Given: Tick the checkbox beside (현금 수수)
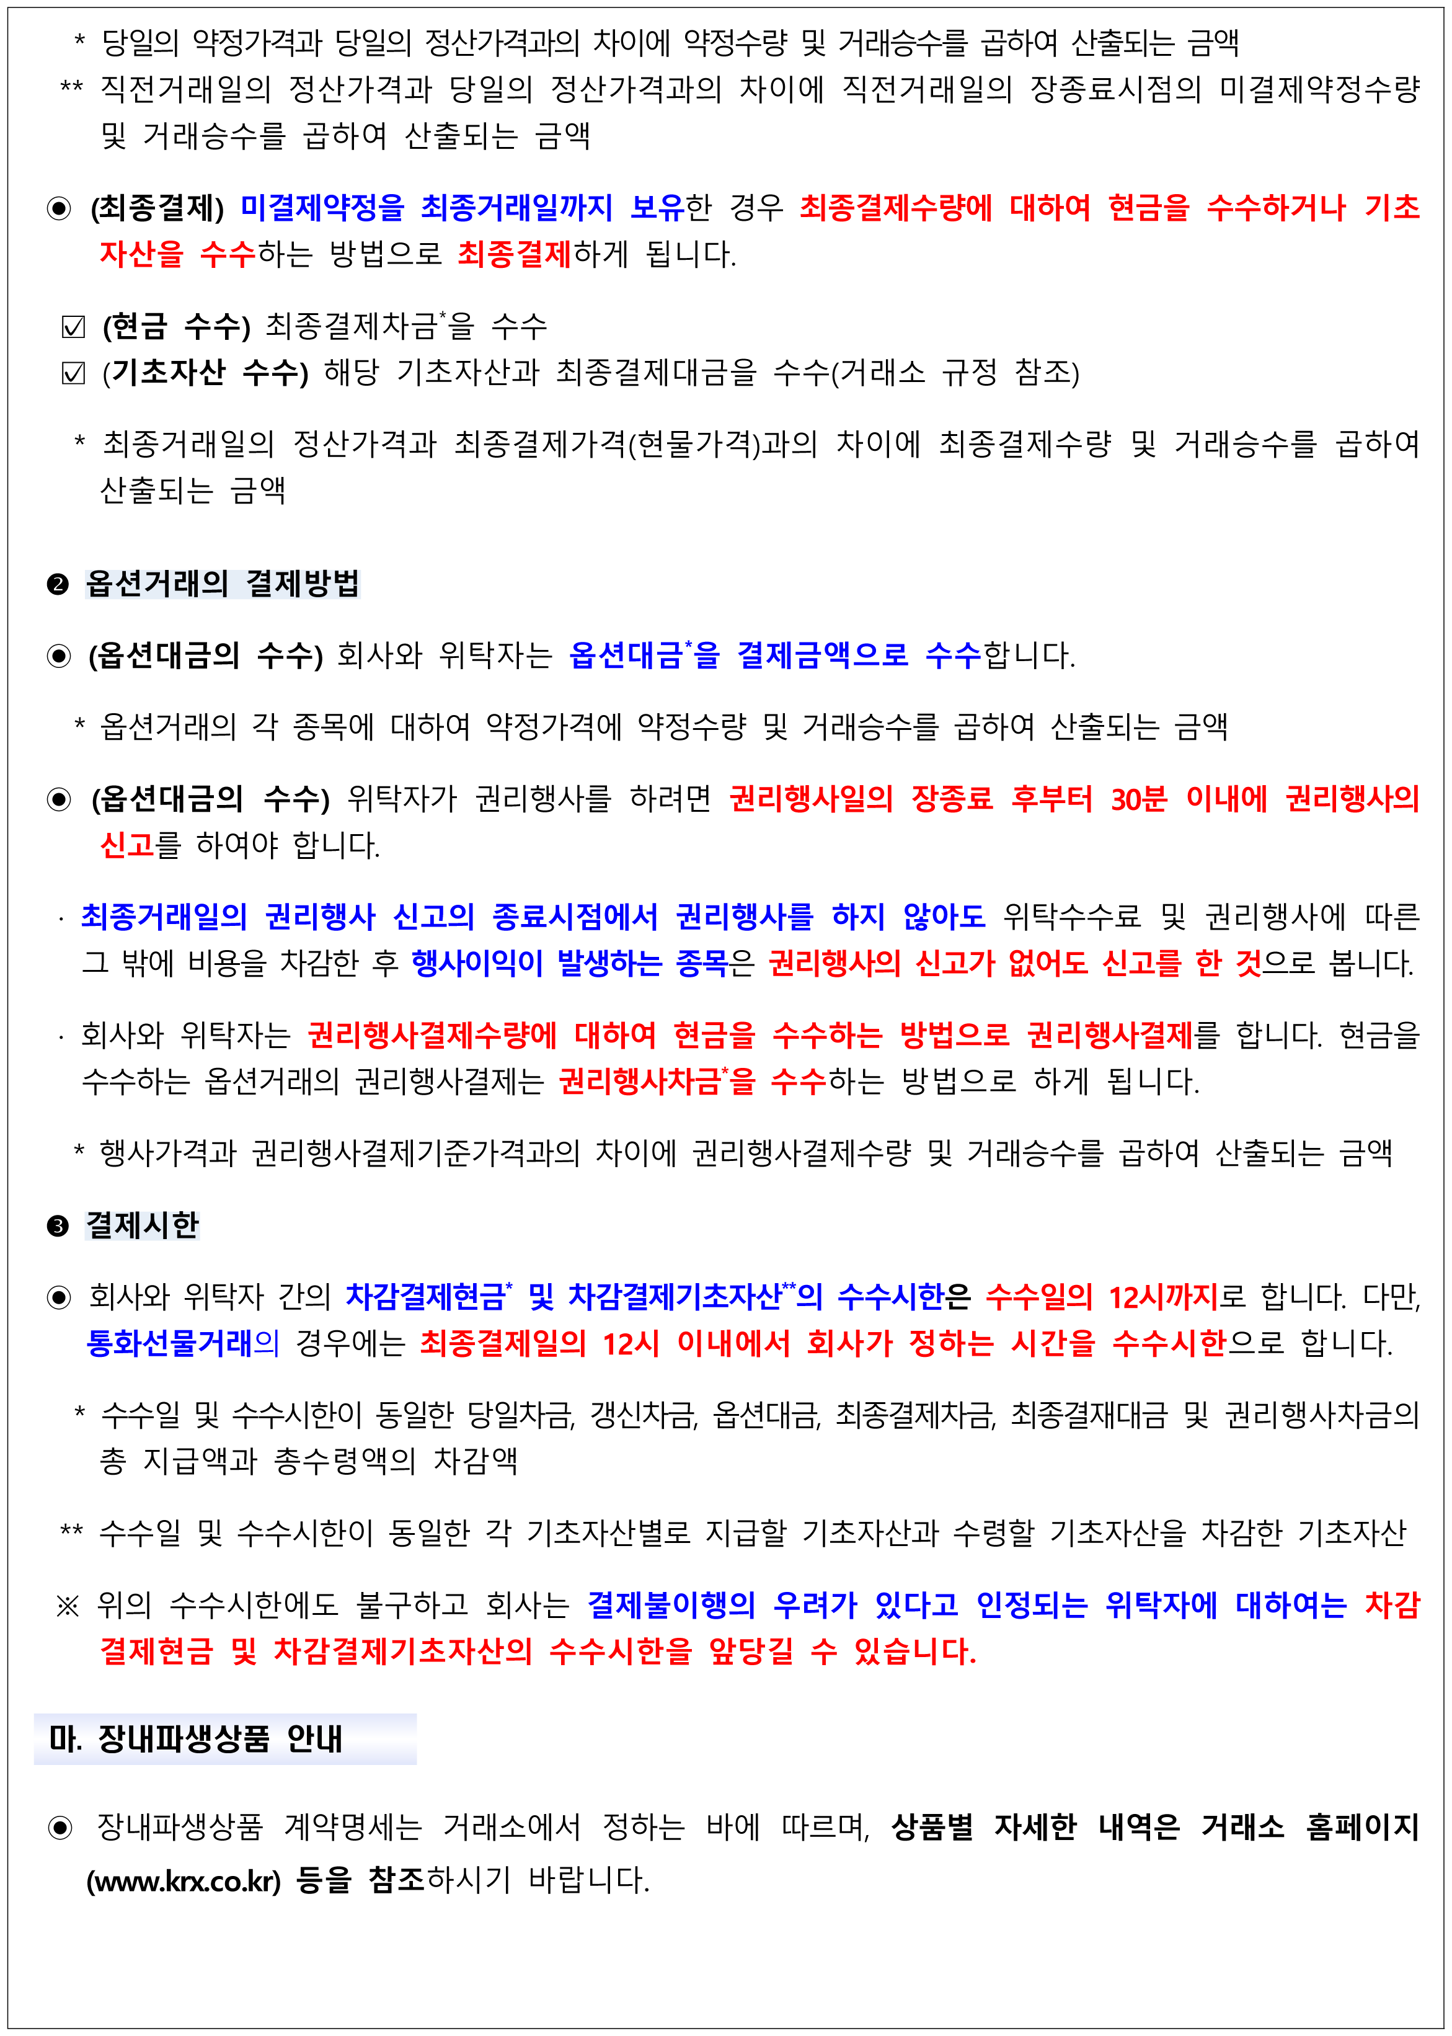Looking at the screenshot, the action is (x=73, y=327).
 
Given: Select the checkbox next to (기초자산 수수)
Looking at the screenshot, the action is (x=73, y=374).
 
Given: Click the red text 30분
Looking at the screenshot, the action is (x=1138, y=799).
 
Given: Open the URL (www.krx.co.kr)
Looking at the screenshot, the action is (x=184, y=1882).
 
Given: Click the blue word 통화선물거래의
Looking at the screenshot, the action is (x=182, y=1343).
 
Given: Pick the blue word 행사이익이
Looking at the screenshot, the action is (x=477, y=963).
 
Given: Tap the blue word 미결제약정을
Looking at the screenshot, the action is (x=323, y=208).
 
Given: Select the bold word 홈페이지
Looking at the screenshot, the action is (x=1363, y=1827).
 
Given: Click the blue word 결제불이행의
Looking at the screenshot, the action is (x=671, y=1605).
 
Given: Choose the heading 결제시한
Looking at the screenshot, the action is (x=142, y=1225).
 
